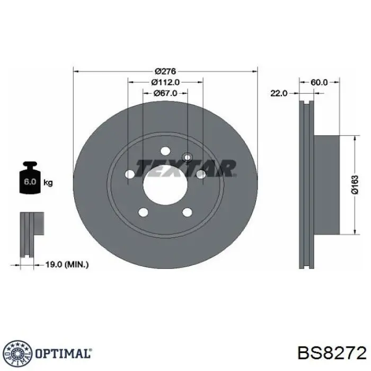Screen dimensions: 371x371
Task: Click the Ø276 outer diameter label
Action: click(x=165, y=71)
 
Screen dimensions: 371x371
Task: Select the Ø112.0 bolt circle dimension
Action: click(x=165, y=82)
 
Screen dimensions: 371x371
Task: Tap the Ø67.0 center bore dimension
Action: click(x=165, y=93)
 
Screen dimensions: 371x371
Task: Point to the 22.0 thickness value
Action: click(x=278, y=93)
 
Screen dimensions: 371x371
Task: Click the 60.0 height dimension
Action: click(x=319, y=82)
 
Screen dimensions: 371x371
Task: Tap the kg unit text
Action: click(x=48, y=183)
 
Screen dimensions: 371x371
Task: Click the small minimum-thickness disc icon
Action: click(x=30, y=233)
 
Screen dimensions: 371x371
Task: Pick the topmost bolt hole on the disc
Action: click(x=165, y=151)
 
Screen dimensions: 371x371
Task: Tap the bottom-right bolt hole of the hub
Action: click(x=187, y=213)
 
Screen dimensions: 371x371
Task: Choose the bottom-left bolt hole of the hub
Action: click(x=143, y=213)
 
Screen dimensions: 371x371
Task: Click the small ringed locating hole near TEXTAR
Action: click(x=187, y=156)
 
